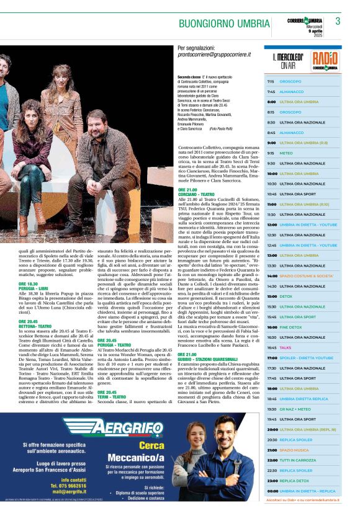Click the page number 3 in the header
[x=338, y=21]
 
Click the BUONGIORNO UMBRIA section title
[x=224, y=24]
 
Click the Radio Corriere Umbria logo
[x=325, y=60]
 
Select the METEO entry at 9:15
[x=286, y=153]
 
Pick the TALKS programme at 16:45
[x=286, y=347]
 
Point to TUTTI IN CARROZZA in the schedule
[x=298, y=460]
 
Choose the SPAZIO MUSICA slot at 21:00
[x=294, y=450]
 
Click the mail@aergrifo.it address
[x=69, y=491]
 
